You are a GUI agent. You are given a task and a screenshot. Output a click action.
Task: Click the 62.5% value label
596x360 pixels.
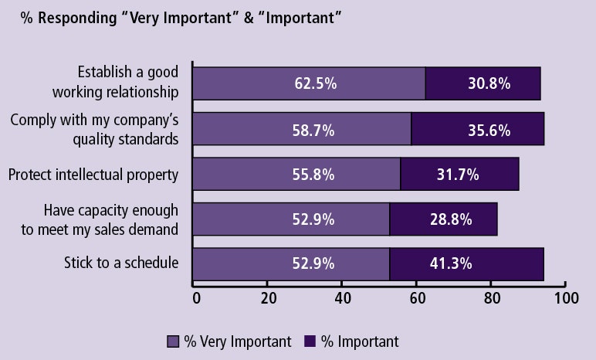point(315,83)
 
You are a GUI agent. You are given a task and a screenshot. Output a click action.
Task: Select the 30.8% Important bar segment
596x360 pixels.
point(483,83)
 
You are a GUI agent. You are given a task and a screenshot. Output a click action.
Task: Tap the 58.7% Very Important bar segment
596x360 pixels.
point(301,130)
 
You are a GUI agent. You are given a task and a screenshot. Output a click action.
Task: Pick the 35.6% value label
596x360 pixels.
point(489,130)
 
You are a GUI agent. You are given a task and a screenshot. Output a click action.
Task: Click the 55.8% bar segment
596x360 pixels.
point(296,175)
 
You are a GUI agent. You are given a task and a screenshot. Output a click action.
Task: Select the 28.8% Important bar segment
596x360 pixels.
point(443,219)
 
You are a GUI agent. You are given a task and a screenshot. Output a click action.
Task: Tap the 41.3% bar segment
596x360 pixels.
point(466,264)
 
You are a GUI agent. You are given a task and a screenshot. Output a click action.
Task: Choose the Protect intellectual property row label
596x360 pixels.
point(93,175)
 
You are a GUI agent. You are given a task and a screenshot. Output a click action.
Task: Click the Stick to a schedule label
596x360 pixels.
point(121,263)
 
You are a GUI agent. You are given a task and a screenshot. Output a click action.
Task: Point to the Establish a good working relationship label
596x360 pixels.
point(116,82)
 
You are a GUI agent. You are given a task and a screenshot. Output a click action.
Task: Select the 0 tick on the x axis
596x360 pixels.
point(196,298)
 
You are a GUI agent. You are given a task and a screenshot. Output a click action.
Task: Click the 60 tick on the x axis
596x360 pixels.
point(417,298)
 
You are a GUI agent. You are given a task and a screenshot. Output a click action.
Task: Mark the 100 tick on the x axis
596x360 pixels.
point(566,298)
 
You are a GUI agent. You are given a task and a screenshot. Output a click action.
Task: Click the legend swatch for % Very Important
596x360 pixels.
point(173,341)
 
